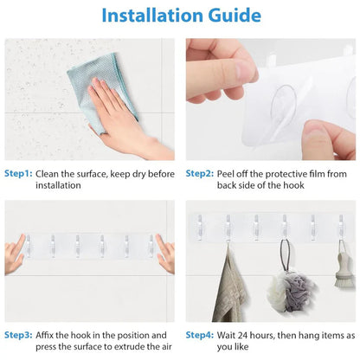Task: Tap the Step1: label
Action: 17,173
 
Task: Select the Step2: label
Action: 200,173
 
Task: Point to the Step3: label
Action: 17,334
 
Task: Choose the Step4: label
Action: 200,334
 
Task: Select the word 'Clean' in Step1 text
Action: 51,173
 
